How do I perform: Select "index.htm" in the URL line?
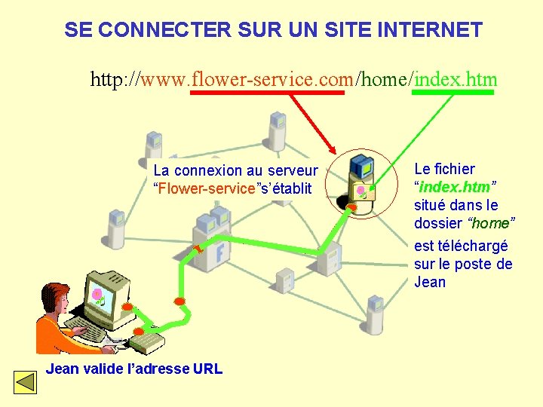coord(456,79)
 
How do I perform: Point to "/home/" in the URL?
coord(385,79)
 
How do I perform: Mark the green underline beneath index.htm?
coord(456,93)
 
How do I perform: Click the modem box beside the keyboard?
coord(146,343)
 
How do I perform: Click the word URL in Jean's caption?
coord(207,369)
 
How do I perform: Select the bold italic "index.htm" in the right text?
coord(455,187)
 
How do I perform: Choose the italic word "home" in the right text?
coord(491,223)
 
